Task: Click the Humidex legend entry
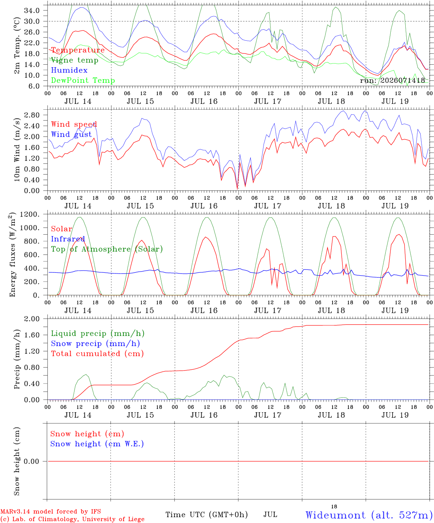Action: (x=69, y=70)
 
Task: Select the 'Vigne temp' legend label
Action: (x=75, y=60)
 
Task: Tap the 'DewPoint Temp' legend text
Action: (x=83, y=80)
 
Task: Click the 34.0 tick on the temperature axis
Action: (x=32, y=11)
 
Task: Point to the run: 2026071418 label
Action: (x=392, y=80)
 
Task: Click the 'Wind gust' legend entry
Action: (x=72, y=134)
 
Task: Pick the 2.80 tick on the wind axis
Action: (x=32, y=115)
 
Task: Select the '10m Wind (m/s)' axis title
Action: (x=17, y=149)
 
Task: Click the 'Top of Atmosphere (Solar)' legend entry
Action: (x=107, y=249)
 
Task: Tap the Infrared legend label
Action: (x=68, y=239)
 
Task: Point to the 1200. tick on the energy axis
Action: (x=30, y=214)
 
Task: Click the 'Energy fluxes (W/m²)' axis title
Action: (x=12, y=255)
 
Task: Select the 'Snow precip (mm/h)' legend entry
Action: (x=96, y=344)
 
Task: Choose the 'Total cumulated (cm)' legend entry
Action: (x=97, y=353)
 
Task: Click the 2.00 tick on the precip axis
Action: (x=32, y=319)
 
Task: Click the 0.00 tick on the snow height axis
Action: (x=31, y=461)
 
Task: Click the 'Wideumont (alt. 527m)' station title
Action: (x=367, y=515)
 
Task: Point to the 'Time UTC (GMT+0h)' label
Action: (x=206, y=515)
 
